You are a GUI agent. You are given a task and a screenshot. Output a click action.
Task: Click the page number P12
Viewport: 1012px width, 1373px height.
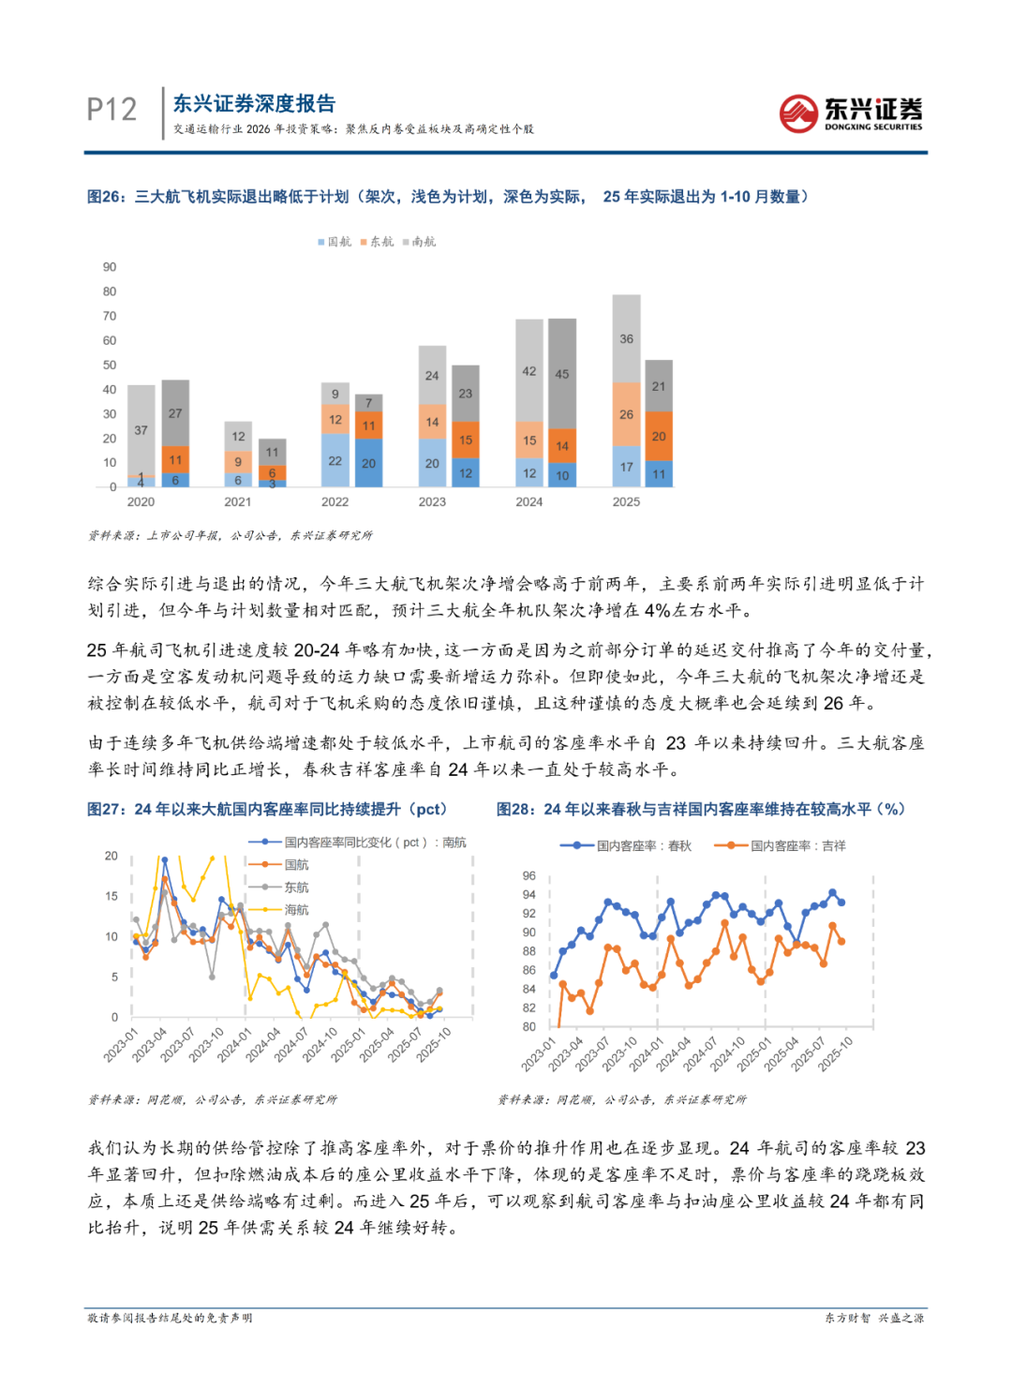(112, 110)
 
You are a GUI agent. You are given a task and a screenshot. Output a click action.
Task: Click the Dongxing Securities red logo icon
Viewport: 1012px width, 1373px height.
(798, 114)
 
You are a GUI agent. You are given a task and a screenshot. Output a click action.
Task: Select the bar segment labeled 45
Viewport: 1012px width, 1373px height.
(562, 373)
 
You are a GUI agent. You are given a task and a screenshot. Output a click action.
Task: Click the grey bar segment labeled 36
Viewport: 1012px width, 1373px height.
(626, 338)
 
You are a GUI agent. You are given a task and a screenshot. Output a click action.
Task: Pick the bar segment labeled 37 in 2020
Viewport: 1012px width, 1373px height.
(141, 429)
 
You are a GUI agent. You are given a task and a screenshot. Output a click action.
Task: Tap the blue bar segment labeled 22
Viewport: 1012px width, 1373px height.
(335, 460)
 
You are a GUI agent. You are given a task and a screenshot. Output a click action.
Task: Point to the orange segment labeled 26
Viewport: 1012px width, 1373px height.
(626, 414)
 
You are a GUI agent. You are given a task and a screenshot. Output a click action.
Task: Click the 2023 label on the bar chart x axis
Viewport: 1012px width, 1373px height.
(432, 502)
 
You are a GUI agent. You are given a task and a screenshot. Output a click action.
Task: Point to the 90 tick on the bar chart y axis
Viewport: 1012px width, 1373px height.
(110, 267)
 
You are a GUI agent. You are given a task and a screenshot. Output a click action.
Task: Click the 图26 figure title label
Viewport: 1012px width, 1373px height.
(105, 197)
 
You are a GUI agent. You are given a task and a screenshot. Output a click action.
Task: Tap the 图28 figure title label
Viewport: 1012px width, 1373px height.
(514, 809)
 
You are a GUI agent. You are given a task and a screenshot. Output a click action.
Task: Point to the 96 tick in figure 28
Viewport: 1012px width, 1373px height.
(529, 876)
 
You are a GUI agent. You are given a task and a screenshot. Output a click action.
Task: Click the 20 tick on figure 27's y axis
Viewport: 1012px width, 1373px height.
(112, 856)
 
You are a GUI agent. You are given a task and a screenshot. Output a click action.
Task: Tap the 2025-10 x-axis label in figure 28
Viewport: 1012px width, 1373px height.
(836, 1053)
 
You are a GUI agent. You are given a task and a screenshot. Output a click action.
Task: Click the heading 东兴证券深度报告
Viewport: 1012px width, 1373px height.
(254, 104)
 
